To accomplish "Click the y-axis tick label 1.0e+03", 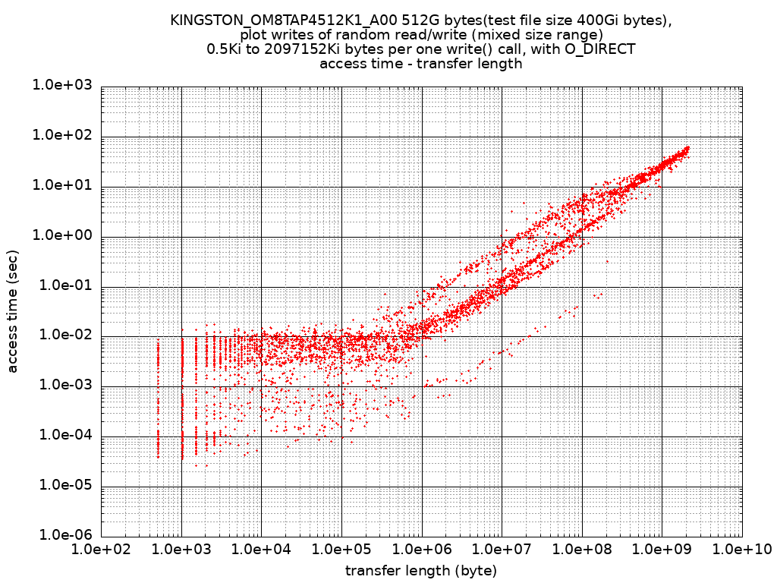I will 61,86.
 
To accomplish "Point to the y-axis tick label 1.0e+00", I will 61,236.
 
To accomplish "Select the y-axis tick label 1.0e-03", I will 61,386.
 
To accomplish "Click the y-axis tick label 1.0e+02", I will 61,136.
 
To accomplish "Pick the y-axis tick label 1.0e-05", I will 61,486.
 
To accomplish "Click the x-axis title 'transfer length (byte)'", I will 421,570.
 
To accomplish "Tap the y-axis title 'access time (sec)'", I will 13,311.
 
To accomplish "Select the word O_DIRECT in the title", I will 599,49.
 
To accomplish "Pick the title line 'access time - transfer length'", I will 421,64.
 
